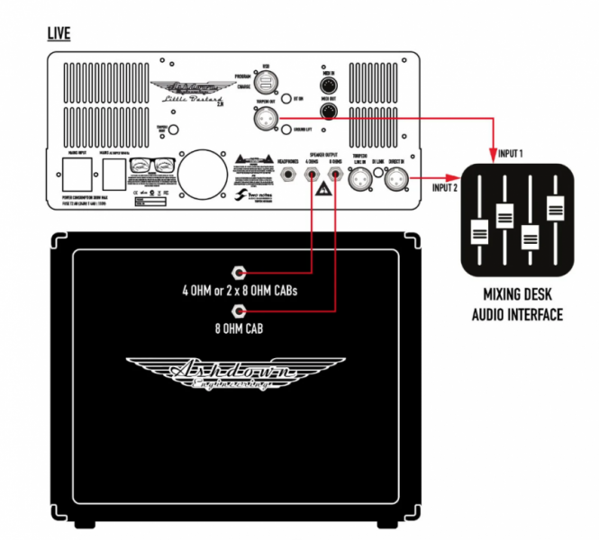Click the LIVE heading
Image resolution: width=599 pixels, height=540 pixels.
click(59, 34)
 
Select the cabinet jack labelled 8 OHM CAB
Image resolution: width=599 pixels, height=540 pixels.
click(240, 311)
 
